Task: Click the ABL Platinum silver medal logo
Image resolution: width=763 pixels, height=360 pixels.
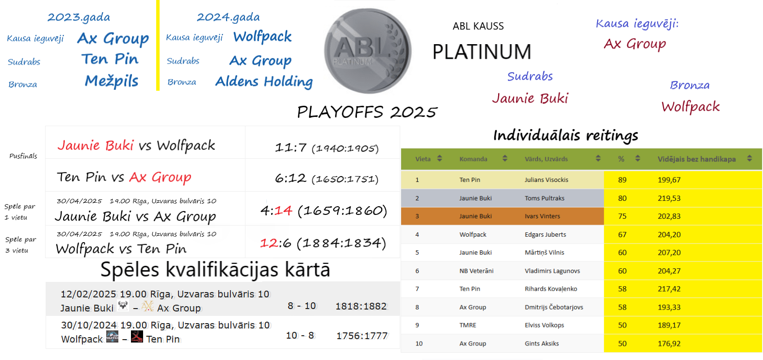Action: click(x=368, y=51)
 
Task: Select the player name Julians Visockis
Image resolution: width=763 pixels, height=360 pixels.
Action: click(x=546, y=180)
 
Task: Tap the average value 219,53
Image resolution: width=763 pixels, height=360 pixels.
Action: click(x=669, y=198)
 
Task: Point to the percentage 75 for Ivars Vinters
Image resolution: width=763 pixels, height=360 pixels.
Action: click(x=622, y=216)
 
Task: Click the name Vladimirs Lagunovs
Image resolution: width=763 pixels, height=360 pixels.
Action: click(x=552, y=271)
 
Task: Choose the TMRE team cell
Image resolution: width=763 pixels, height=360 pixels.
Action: click(x=468, y=325)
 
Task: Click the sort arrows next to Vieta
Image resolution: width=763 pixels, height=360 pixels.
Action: click(x=440, y=158)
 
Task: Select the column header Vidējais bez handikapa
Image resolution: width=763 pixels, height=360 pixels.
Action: click(x=697, y=159)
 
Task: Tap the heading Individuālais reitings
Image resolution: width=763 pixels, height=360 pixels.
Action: click(x=566, y=135)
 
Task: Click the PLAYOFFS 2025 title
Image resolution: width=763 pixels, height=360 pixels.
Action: click(x=367, y=112)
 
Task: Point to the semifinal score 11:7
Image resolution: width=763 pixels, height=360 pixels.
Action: click(x=291, y=148)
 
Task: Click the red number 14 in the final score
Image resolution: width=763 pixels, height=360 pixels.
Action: click(x=283, y=211)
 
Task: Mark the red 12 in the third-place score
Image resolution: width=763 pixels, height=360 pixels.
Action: click(x=268, y=243)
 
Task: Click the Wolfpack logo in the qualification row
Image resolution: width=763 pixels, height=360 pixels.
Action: click(x=112, y=337)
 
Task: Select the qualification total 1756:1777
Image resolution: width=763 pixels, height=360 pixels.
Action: click(x=362, y=336)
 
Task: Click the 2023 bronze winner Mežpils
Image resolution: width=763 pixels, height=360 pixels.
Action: click(x=112, y=81)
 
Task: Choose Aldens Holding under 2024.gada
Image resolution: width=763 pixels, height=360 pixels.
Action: click(x=264, y=82)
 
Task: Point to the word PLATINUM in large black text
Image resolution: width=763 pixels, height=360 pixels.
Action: click(x=482, y=52)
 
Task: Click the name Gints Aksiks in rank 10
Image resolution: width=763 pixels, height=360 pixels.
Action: click(x=542, y=344)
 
